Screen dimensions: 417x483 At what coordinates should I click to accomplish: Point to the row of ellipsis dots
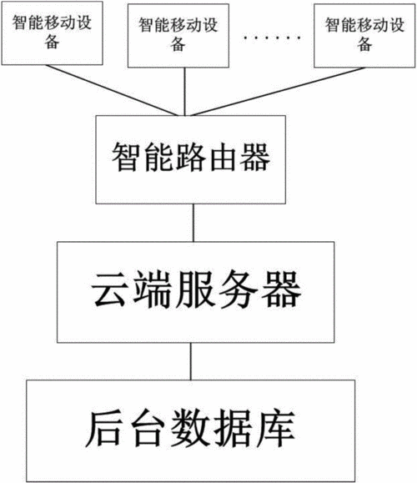pyautogui.click(x=272, y=38)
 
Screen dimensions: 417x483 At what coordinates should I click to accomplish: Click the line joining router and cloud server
pyautogui.click(x=193, y=223)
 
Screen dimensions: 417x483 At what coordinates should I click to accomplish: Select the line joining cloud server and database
pyautogui.click(x=191, y=361)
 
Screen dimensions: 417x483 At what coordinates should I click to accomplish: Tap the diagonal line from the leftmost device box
pyautogui.click(x=112, y=90)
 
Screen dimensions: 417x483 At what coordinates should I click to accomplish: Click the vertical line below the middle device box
pyautogui.click(x=185, y=92)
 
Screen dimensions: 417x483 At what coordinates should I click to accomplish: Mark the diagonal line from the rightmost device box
pyautogui.click(x=278, y=92)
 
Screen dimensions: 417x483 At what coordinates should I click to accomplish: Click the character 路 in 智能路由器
pyautogui.click(x=191, y=157)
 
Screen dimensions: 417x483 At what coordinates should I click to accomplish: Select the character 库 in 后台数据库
pyautogui.click(x=277, y=429)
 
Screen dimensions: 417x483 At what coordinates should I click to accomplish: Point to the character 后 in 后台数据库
pyautogui.click(x=103, y=429)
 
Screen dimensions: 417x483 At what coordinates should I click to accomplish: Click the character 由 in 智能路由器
pyautogui.click(x=223, y=157)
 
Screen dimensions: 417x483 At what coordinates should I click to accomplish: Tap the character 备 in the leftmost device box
pyautogui.click(x=52, y=42)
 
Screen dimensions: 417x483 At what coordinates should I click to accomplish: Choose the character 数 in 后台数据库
pyautogui.click(x=190, y=429)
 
